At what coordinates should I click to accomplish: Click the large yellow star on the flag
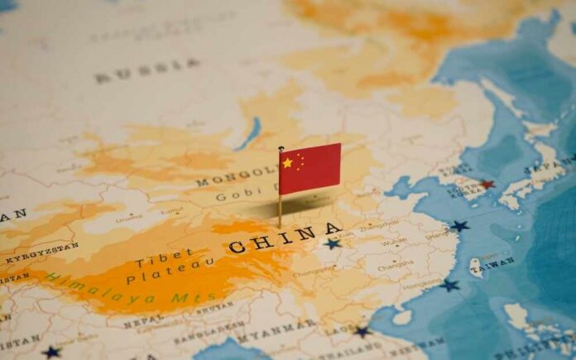tap(287, 163)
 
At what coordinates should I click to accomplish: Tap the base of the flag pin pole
tap(280, 225)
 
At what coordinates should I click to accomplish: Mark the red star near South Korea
tap(487, 185)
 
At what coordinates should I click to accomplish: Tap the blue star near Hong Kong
tap(449, 286)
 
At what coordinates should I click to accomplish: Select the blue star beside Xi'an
tap(333, 244)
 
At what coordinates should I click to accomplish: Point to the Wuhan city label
tap(394, 242)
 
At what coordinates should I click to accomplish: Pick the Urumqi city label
tap(129, 218)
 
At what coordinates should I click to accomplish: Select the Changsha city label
tap(396, 266)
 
